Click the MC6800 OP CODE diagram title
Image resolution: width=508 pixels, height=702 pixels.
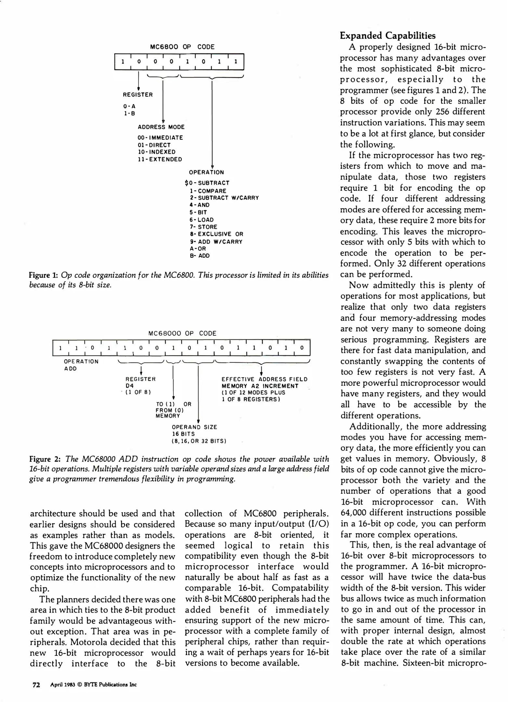point(182,47)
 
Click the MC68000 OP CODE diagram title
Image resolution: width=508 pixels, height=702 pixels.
point(182,333)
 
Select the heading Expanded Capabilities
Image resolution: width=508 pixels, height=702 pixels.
point(387,35)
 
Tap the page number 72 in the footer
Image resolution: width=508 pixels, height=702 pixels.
point(36,684)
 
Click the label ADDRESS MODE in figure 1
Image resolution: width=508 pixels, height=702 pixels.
point(161,127)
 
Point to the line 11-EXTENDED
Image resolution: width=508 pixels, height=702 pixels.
point(160,159)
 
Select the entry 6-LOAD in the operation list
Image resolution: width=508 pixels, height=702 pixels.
point(202,220)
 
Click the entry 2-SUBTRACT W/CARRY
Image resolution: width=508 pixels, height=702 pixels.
point(224,198)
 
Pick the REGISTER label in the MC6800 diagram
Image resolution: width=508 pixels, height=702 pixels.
point(137,95)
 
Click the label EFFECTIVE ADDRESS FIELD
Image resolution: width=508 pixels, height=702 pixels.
point(264,379)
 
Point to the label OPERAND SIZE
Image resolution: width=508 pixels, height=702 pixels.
point(194,427)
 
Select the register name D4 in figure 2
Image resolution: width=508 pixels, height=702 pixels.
point(129,386)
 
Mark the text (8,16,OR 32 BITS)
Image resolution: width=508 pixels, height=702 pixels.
point(199,441)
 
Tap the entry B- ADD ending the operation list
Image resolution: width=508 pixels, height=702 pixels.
point(200,256)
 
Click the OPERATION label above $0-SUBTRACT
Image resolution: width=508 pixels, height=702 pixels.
point(206,172)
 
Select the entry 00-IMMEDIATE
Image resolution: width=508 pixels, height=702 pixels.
point(160,138)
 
